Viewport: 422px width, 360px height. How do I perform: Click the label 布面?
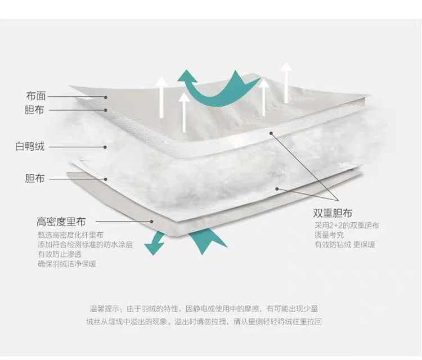[35, 96]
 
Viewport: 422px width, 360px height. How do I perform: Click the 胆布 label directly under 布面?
[35, 110]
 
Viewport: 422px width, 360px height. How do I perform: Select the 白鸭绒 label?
[30, 147]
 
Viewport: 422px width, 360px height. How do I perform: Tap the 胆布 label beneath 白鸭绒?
[35, 179]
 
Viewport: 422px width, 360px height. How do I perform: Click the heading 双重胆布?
[334, 214]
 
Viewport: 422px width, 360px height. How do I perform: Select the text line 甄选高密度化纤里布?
[70, 235]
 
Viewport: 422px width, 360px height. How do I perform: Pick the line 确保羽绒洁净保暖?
[66, 263]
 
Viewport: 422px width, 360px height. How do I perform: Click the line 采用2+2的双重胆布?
[347, 226]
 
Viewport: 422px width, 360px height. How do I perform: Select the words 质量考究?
[329, 235]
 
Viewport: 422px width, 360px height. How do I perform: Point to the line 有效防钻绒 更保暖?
[345, 245]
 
